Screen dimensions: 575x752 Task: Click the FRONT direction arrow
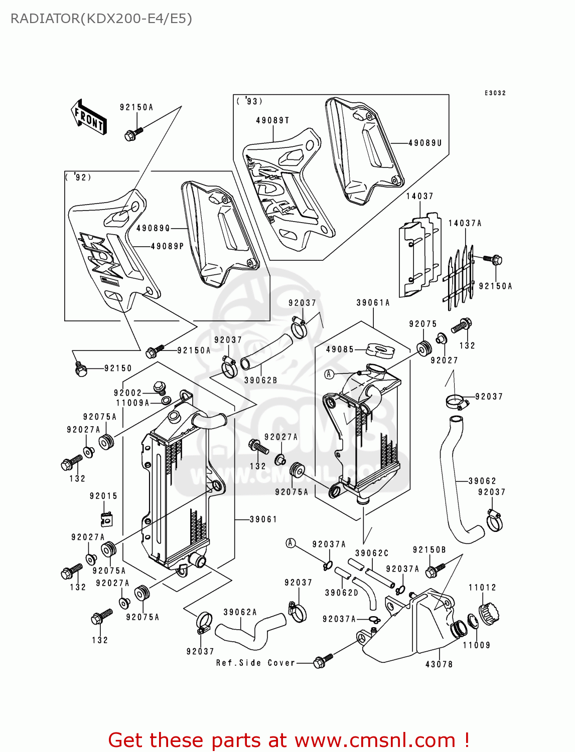pos(88,117)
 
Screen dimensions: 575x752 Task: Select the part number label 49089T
pos(272,121)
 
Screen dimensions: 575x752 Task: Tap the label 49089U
pos(425,143)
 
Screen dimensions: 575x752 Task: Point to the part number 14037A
pos(465,224)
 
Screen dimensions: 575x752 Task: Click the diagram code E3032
pos(495,93)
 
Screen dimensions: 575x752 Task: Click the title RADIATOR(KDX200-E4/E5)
pos(101,19)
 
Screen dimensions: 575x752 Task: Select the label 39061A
pos(373,303)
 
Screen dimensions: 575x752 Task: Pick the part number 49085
pos(340,349)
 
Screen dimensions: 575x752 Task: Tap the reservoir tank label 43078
pos(439,664)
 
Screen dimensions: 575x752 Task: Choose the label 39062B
pos(260,381)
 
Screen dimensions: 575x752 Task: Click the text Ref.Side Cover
pos(255,663)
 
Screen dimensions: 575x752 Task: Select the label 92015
pos(103,496)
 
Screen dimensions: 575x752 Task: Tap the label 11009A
pos(132,403)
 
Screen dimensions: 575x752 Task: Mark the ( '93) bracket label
pos(249,101)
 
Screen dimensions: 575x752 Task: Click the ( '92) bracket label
pos(78,177)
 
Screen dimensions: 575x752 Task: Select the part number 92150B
pos(429,550)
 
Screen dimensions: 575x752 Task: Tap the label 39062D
pos(341,593)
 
